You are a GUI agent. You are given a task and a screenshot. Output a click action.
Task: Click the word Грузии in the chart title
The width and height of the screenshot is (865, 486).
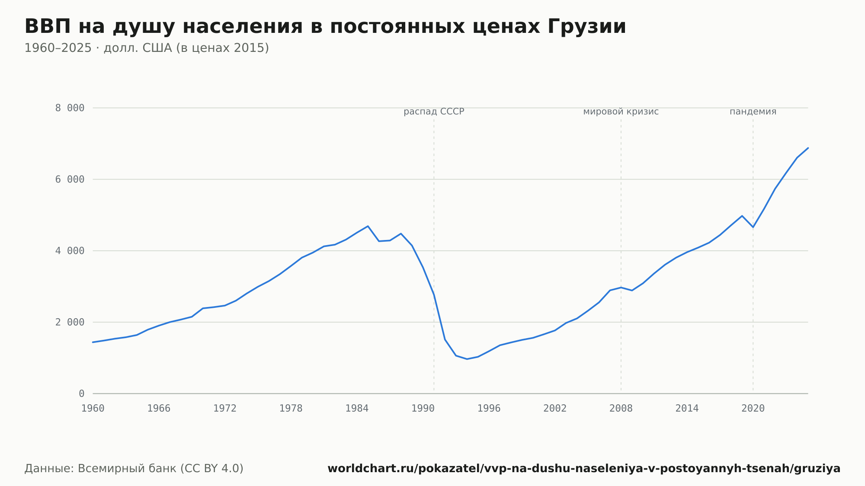tap(586, 27)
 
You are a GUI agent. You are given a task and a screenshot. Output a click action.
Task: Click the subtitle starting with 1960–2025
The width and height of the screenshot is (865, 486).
tap(147, 48)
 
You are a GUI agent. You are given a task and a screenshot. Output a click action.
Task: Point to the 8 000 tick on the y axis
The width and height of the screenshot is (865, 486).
tap(70, 108)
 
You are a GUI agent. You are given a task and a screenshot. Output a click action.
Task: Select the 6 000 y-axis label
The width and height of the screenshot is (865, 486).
tap(70, 179)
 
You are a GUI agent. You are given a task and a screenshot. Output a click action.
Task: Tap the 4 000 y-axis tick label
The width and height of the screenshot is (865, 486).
tap(70, 251)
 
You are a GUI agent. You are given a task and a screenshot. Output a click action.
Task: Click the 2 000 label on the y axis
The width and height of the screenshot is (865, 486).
tap(70, 322)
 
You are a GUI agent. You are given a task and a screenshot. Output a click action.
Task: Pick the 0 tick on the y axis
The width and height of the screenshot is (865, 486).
tap(81, 393)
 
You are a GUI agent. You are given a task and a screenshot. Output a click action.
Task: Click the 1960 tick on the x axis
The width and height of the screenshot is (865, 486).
tap(93, 409)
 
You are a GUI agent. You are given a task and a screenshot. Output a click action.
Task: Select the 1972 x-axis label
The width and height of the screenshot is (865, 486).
tap(225, 409)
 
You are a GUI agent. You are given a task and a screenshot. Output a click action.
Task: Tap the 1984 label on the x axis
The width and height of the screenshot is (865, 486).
tap(357, 409)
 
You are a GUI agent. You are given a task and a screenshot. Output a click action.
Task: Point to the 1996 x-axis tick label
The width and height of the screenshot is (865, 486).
tap(489, 409)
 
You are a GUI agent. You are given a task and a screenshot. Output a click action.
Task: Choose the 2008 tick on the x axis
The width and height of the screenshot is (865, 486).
tap(621, 409)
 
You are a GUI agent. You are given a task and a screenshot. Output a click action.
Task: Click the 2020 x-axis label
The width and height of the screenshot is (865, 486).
tap(753, 409)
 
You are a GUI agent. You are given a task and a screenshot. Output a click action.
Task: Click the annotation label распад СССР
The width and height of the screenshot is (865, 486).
tap(434, 112)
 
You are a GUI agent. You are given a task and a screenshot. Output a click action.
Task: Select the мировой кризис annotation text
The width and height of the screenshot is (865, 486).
tap(621, 112)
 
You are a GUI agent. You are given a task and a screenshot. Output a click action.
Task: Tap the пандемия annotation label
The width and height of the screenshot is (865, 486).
tap(753, 112)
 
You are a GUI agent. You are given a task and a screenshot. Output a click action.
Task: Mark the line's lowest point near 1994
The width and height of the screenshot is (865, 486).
tap(467, 359)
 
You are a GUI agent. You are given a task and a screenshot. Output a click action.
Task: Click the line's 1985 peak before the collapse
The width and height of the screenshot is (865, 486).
tap(368, 226)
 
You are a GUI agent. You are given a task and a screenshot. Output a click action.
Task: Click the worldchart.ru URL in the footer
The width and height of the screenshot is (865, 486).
tap(584, 469)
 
